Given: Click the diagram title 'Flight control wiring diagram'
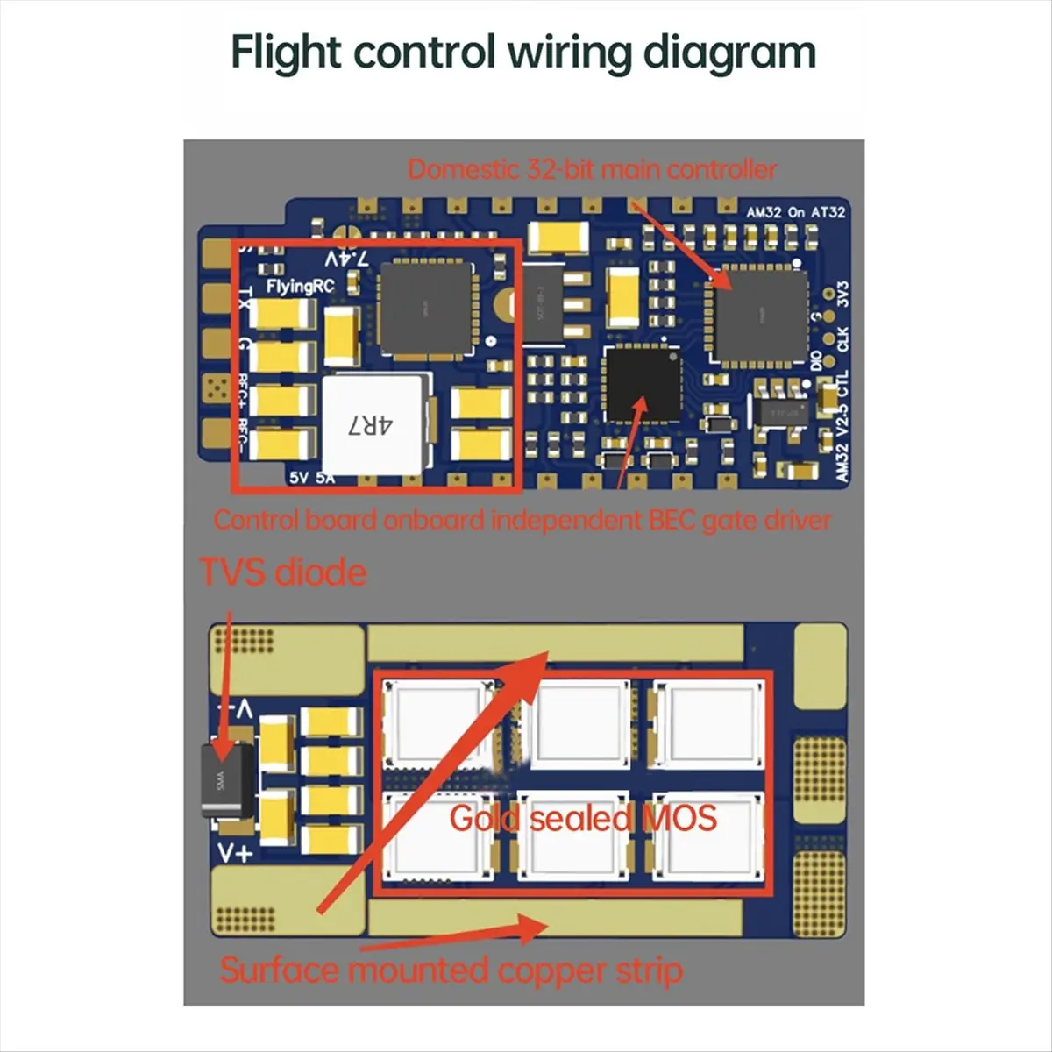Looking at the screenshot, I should pos(523,53).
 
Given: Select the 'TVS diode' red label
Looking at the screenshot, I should pos(283,572).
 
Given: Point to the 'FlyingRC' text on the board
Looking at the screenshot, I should pos(300,287).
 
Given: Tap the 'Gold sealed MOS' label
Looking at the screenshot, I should pos(583,819).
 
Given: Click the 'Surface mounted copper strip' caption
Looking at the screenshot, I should pos(451,970).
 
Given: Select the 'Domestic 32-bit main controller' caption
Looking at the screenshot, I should pos(592,169).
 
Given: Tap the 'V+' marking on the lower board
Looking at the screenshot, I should pos(234,853).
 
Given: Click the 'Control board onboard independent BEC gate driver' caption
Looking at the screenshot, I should pos(522,520).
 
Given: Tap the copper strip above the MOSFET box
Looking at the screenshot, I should pos(552,644).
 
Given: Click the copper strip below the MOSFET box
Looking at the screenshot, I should pos(552,919).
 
